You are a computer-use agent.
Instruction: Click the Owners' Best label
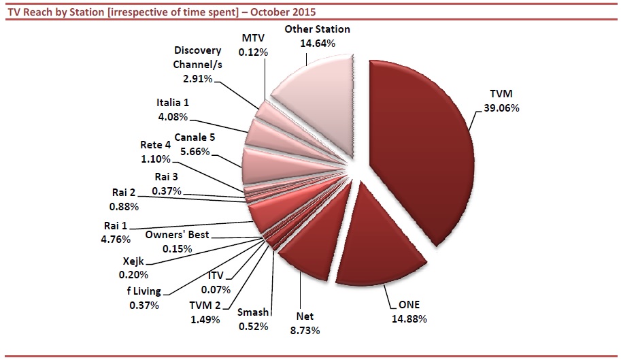click(x=178, y=235)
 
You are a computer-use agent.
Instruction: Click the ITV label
click(x=217, y=278)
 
